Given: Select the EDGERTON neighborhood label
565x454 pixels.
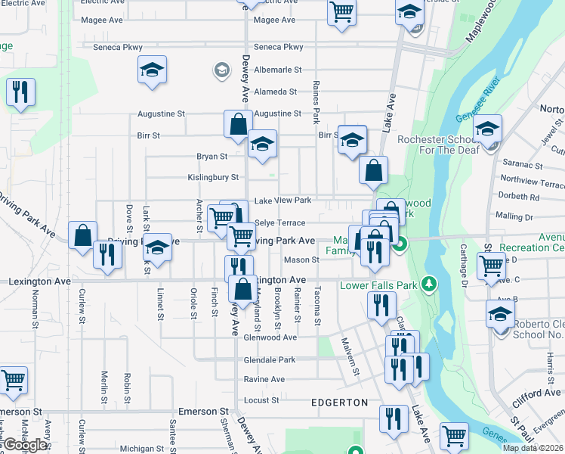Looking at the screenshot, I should pyautogui.click(x=339, y=403).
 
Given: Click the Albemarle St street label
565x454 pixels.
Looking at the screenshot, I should pyautogui.click(x=276, y=70).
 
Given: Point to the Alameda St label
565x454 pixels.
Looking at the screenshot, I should pyautogui.click(x=276, y=92).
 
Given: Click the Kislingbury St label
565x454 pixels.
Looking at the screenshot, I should pyautogui.click(x=213, y=178).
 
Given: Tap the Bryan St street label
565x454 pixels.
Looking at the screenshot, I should pyautogui.click(x=211, y=157).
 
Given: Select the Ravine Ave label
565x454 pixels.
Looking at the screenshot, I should pyautogui.click(x=264, y=379).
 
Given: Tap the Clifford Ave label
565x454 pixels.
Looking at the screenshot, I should pyautogui.click(x=536, y=393).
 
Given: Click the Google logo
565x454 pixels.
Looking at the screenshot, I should pyautogui.click(x=24, y=445).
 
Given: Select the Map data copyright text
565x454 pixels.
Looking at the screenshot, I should pyautogui.click(x=533, y=448).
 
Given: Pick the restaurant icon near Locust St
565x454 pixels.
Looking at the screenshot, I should pyautogui.click(x=393, y=418).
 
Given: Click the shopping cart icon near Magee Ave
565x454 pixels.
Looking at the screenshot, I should pyautogui.click(x=341, y=12).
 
